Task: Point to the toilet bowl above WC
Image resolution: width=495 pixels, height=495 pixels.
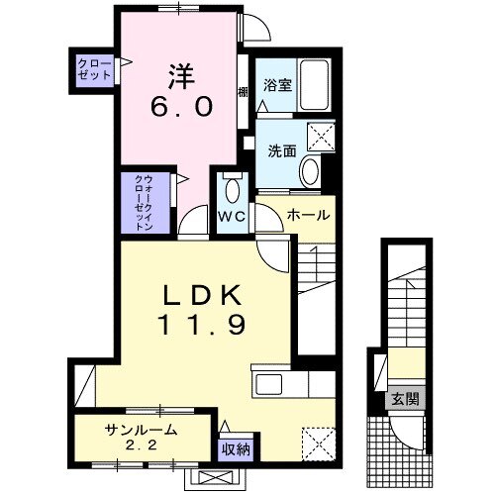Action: (x=233, y=191)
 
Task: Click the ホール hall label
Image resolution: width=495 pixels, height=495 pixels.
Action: (x=307, y=214)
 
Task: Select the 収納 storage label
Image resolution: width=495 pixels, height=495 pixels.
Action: (x=235, y=449)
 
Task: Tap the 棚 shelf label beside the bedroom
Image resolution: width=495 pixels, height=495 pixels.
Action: (x=243, y=92)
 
